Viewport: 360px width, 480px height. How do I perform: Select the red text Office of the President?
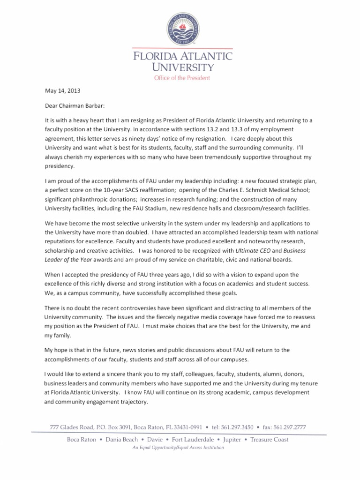coord(182,78)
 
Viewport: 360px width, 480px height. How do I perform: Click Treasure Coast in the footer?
coord(270,440)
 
